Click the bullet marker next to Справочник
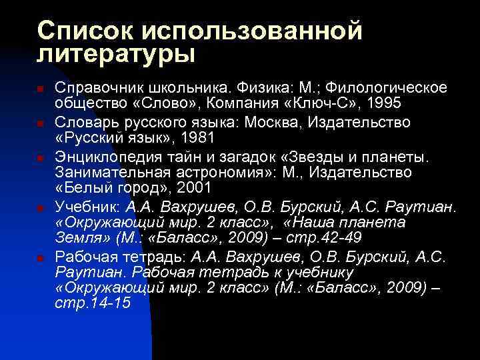click(x=41, y=89)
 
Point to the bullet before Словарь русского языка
click(x=41, y=123)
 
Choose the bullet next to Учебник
click(x=41, y=207)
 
